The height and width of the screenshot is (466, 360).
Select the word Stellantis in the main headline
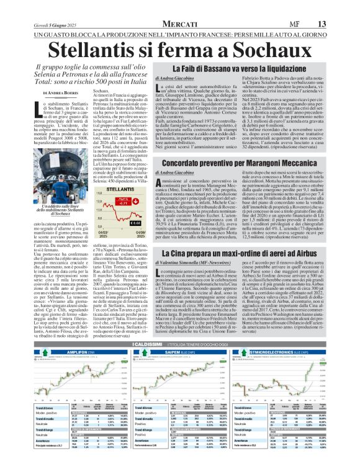click(x=101, y=47)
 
